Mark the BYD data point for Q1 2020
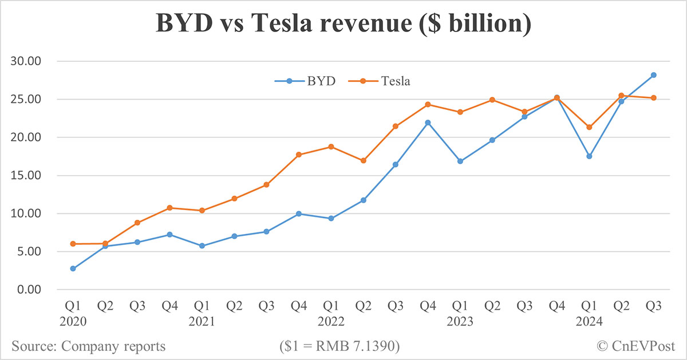pos(73,268)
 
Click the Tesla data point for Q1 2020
pos(73,244)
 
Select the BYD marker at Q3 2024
pos(653,75)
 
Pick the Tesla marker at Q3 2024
pos(653,98)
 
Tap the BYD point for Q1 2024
pos(589,156)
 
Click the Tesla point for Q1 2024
pos(589,127)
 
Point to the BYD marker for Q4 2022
pos(428,122)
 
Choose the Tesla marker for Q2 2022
pos(363,161)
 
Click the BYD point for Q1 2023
pos(460,161)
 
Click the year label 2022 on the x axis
pos(331,322)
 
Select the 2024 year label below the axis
pos(589,322)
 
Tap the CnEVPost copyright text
pos(635,346)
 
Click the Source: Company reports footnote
pos(88,346)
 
